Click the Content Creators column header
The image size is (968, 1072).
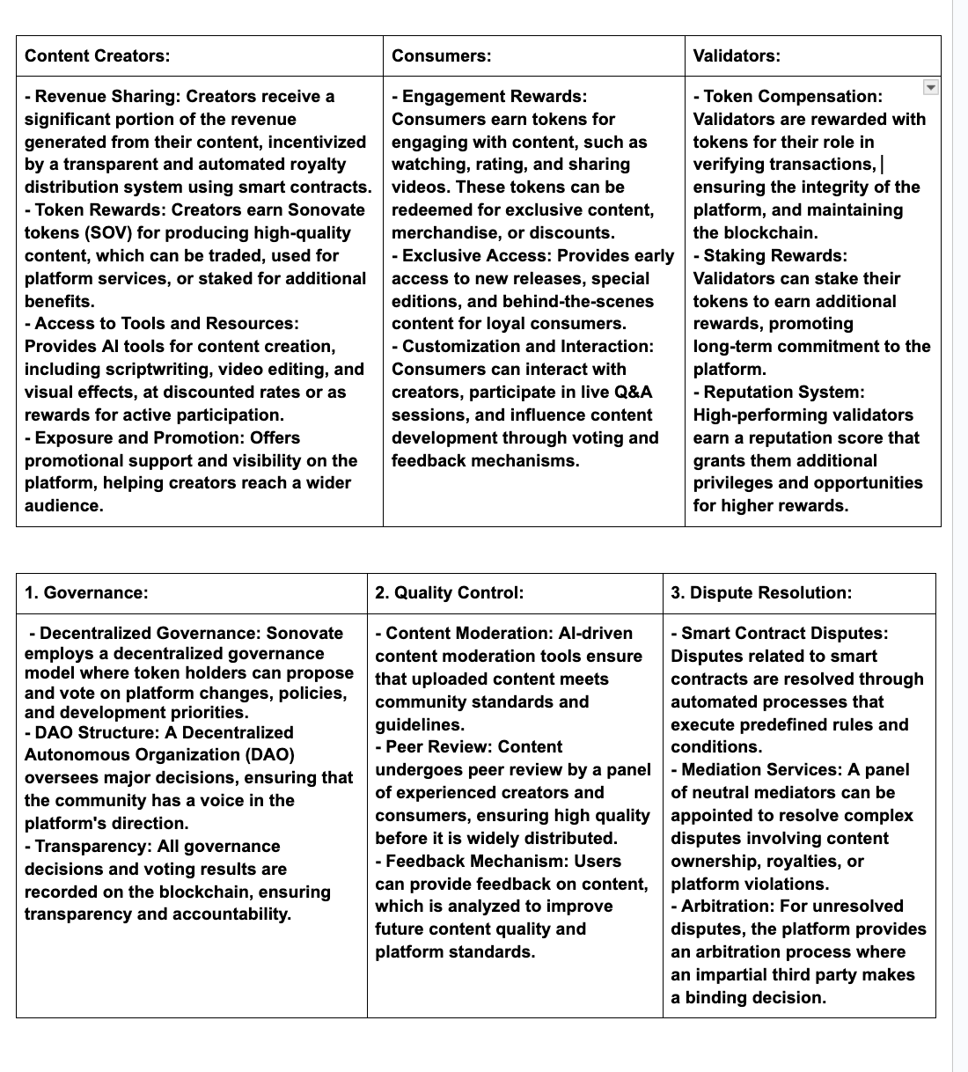pos(97,56)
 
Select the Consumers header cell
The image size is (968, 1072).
pos(441,56)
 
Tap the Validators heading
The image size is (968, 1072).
pos(736,56)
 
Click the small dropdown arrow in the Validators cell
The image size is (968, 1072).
pos(930,86)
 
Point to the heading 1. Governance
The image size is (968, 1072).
pos(86,592)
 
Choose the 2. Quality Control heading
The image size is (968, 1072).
pos(449,592)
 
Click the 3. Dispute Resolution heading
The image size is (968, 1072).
pos(761,592)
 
